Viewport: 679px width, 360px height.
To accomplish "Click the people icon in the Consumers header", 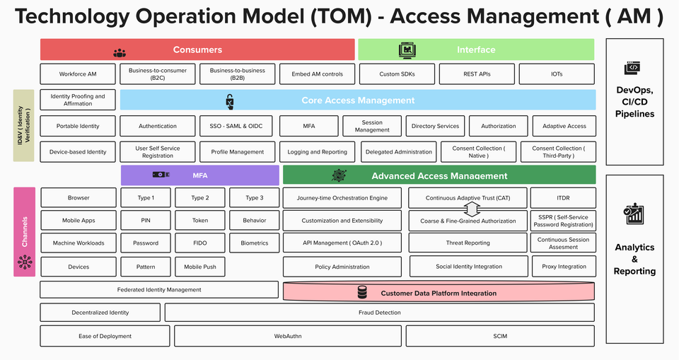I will point(120,52).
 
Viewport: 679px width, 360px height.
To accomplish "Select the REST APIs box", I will point(477,74).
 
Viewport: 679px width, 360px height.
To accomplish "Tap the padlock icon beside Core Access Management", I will point(230,102).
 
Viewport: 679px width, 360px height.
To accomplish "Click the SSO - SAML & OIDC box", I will point(236,127).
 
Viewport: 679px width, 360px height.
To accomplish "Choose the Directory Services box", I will point(435,127).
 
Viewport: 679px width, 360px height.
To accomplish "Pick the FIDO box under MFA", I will point(200,243).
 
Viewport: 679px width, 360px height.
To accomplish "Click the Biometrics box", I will point(254,243).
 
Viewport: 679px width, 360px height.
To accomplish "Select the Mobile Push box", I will point(200,267).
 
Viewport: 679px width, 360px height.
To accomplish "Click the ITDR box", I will point(563,198).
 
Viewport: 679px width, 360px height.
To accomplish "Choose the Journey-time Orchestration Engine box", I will point(342,198).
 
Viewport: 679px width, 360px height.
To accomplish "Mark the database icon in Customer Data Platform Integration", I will point(362,292).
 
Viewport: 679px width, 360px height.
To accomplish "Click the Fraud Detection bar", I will point(379,313).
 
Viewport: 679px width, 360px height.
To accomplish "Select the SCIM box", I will point(500,336).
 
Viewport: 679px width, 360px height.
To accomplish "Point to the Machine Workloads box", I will point(79,243).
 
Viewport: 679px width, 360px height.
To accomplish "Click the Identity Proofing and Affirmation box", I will point(78,100).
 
